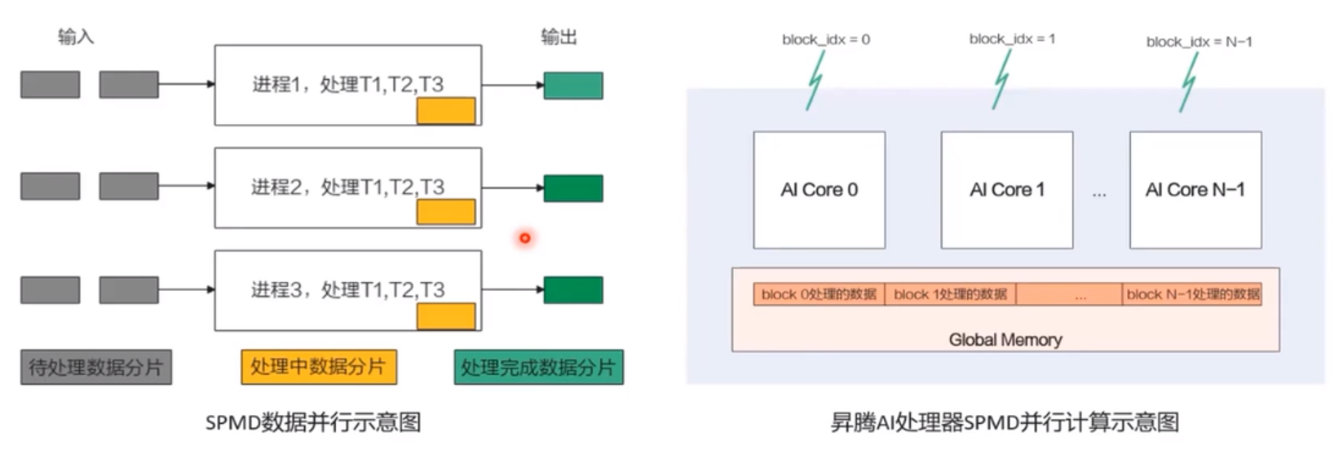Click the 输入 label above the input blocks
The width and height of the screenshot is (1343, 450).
pyautogui.click(x=76, y=37)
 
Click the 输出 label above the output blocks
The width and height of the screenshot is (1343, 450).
pyautogui.click(x=559, y=37)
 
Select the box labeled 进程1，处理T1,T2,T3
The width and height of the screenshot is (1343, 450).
pyautogui.click(x=347, y=84)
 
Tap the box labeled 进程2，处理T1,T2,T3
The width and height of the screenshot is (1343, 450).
pyautogui.click(x=347, y=187)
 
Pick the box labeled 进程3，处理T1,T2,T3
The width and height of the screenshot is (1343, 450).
pyautogui.click(x=347, y=289)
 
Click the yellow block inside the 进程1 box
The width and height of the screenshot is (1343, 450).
pyautogui.click(x=446, y=111)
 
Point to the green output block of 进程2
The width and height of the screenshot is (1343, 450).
pyautogui.click(x=573, y=188)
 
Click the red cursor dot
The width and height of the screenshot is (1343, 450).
pyautogui.click(x=525, y=238)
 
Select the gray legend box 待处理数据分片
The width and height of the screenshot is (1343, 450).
pyautogui.click(x=96, y=367)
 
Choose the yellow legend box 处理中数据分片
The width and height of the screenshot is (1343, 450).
pyautogui.click(x=318, y=367)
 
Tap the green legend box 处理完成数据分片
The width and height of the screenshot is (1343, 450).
pyautogui.click(x=538, y=367)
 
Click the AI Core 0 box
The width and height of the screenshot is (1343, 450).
pyautogui.click(x=819, y=190)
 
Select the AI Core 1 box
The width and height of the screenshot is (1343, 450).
pyautogui.click(x=1006, y=190)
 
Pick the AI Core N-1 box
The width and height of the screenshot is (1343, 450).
pyautogui.click(x=1195, y=190)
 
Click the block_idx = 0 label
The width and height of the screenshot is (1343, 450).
pyautogui.click(x=825, y=39)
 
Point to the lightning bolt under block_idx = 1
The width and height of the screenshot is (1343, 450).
pyautogui.click(x=1001, y=80)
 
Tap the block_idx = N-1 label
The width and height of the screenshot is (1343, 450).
pyautogui.click(x=1199, y=42)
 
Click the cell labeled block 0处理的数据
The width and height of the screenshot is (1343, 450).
pyautogui.click(x=819, y=294)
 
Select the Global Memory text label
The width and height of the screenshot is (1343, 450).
pyautogui.click(x=1005, y=339)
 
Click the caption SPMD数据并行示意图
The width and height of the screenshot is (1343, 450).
pyautogui.click(x=313, y=422)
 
